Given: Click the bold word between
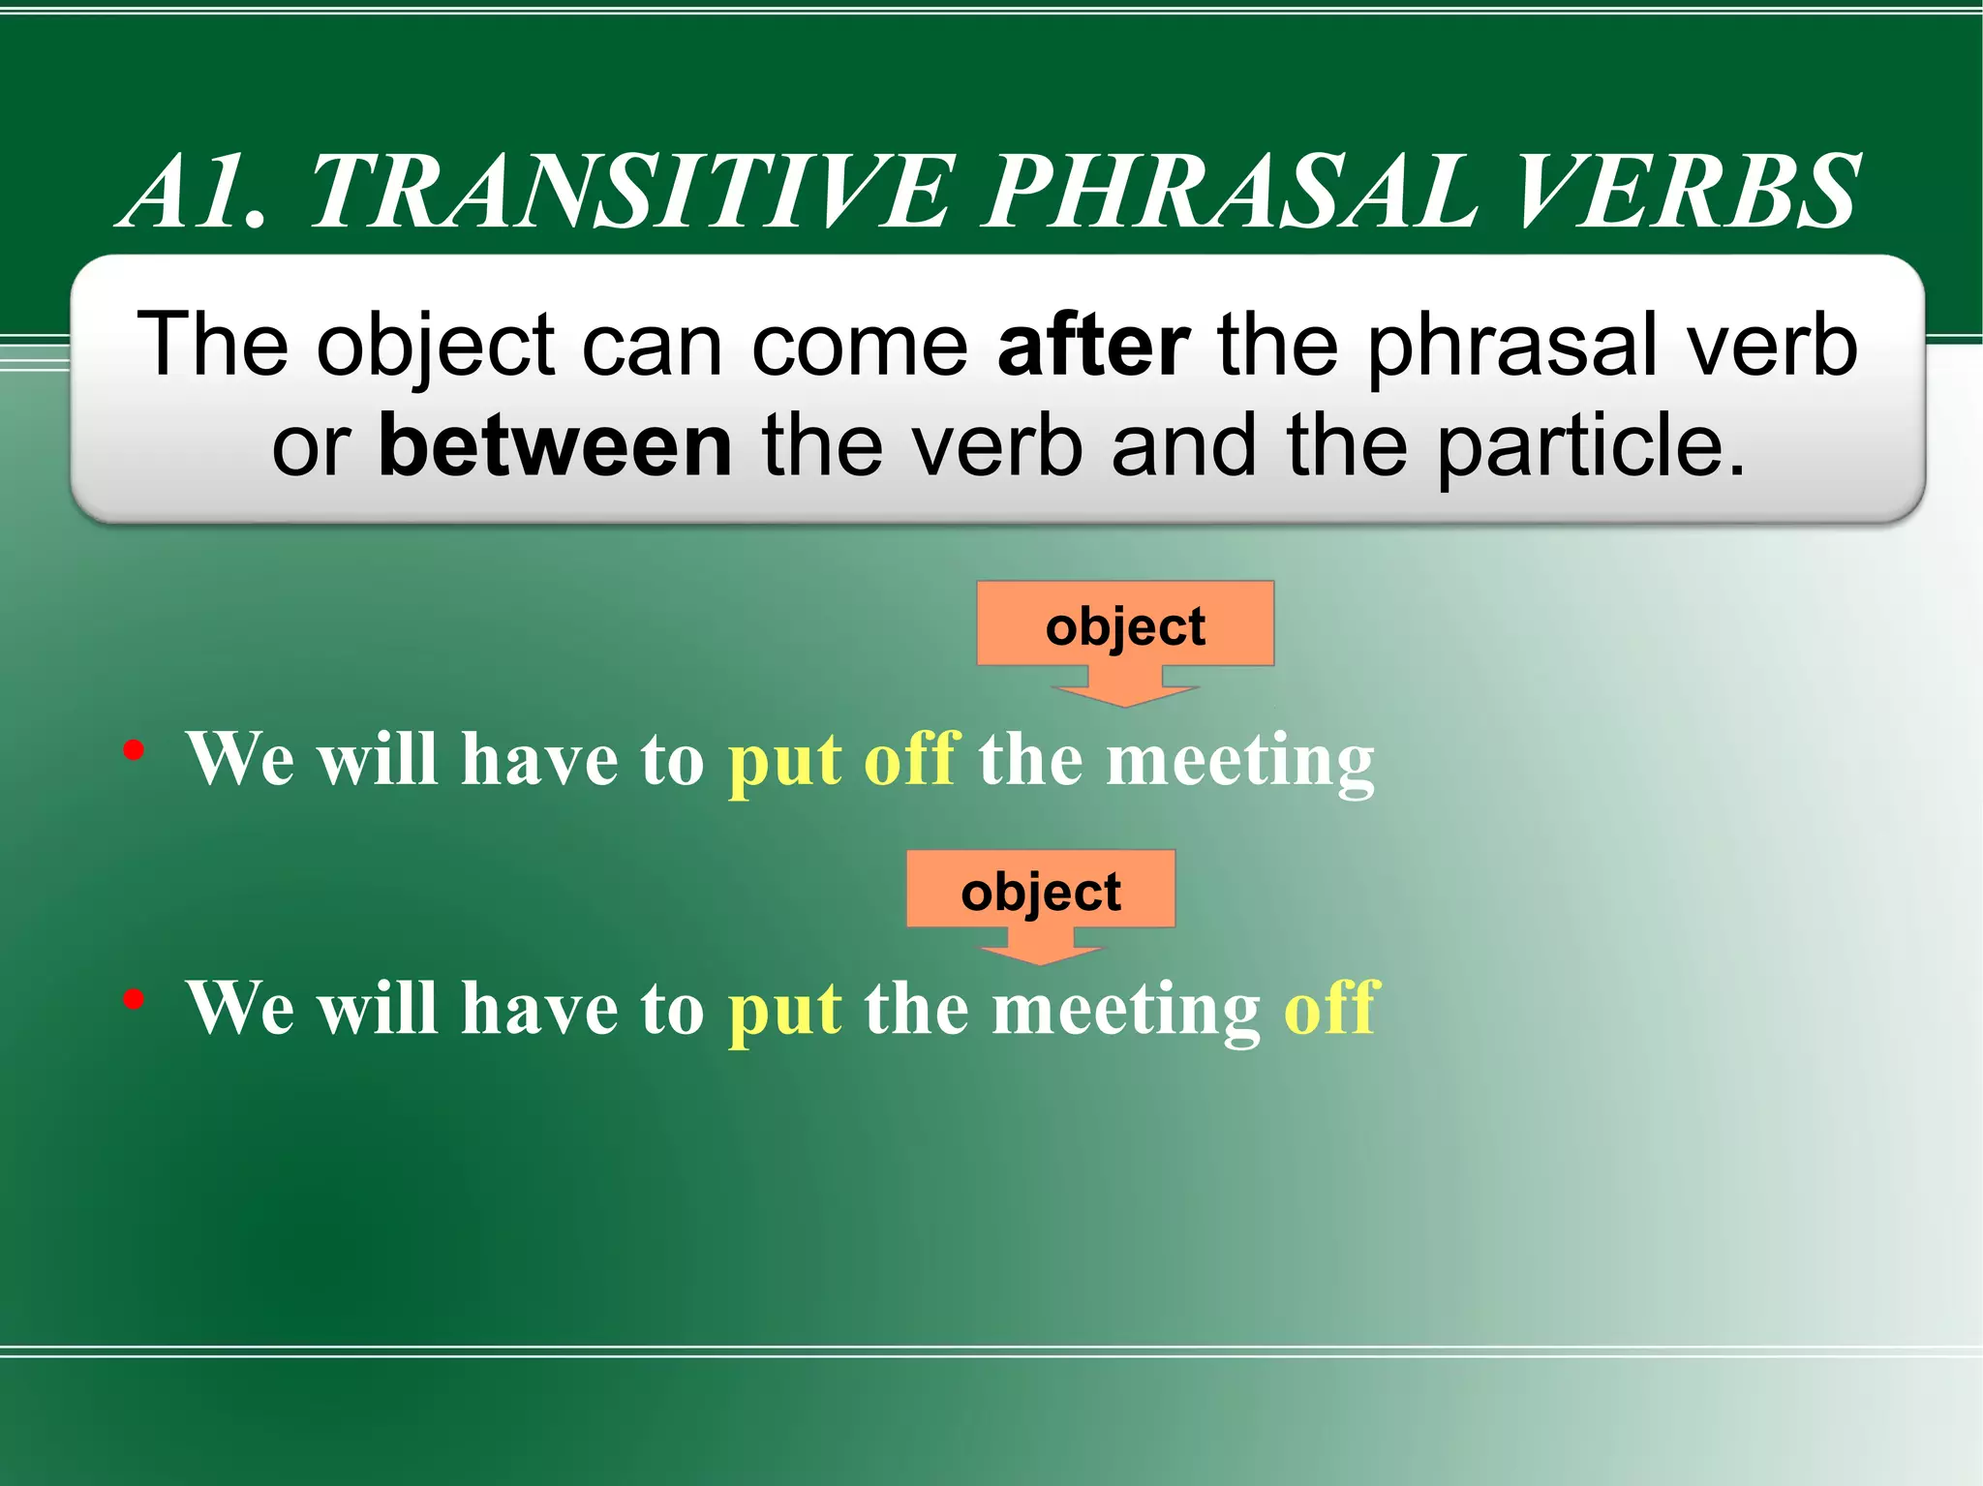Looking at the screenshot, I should pos(555,446).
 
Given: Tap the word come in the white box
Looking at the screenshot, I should pos(859,346).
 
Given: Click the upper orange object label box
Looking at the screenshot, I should pos(1125,624).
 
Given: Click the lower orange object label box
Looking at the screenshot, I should pos(1041,890).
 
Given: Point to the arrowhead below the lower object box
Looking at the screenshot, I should pos(1041,954).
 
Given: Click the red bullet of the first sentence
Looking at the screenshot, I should pos(135,749).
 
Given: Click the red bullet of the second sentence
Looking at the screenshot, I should pos(135,998).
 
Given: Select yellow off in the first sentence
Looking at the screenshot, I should pos(911,759).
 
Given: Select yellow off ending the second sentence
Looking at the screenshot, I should pos(1330,1008).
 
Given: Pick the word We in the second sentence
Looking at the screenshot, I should pos(241,1008).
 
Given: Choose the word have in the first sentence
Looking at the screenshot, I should pos(538,759).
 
